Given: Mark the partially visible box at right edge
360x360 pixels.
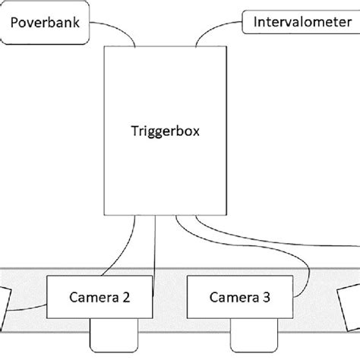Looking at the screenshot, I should [x=352, y=304].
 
